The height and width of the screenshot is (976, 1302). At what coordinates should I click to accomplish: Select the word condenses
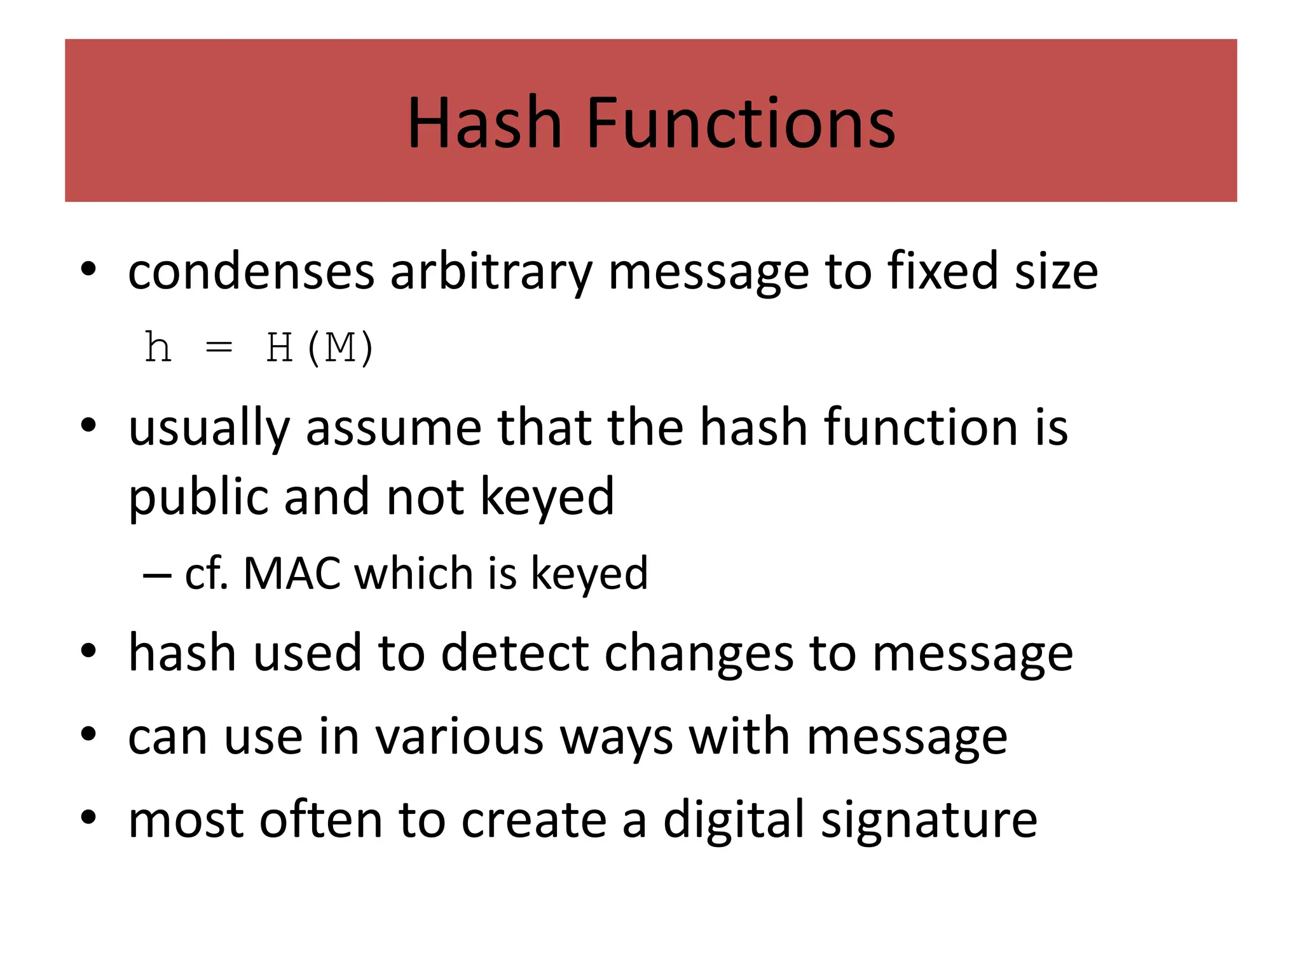click(251, 271)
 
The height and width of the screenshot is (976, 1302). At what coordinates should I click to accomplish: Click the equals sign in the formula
click(219, 348)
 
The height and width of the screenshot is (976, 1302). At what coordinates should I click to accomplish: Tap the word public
click(198, 498)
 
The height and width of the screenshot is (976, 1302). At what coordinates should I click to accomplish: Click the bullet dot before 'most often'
click(88, 816)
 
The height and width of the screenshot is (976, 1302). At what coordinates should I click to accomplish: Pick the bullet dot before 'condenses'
click(88, 268)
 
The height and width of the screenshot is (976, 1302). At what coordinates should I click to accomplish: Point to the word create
click(534, 820)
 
